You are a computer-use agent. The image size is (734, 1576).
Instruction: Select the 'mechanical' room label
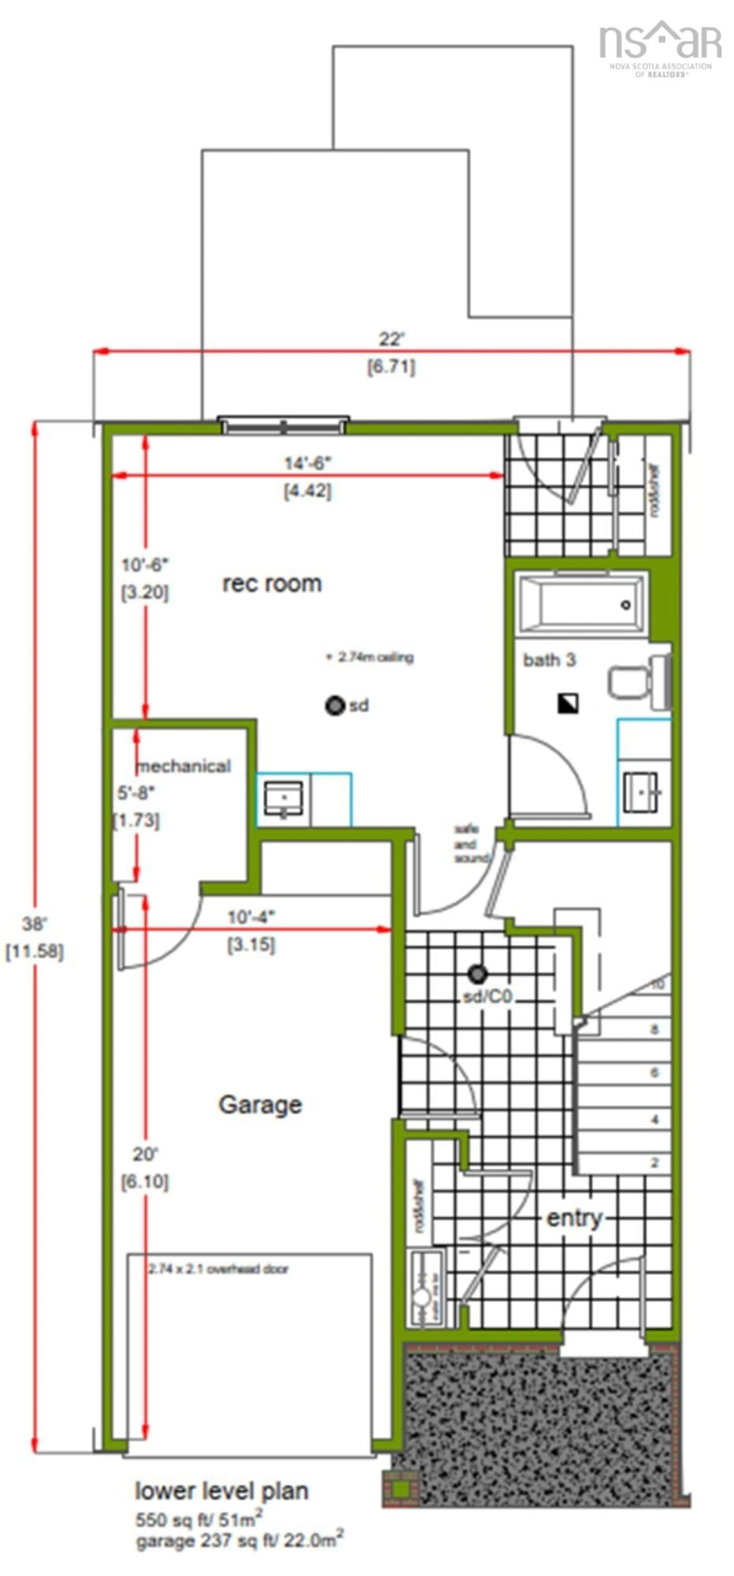click(184, 766)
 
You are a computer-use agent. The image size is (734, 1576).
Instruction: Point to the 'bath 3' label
click(549, 660)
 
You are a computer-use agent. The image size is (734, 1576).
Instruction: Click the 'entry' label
click(574, 1218)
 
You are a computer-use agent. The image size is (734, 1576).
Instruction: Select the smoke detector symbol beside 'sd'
click(335, 705)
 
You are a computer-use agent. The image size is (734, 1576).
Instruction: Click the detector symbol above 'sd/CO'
click(477, 973)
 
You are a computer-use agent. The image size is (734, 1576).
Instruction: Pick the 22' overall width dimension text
click(391, 338)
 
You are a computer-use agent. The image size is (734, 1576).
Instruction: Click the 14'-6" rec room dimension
click(307, 463)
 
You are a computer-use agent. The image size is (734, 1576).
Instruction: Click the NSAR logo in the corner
click(660, 48)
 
